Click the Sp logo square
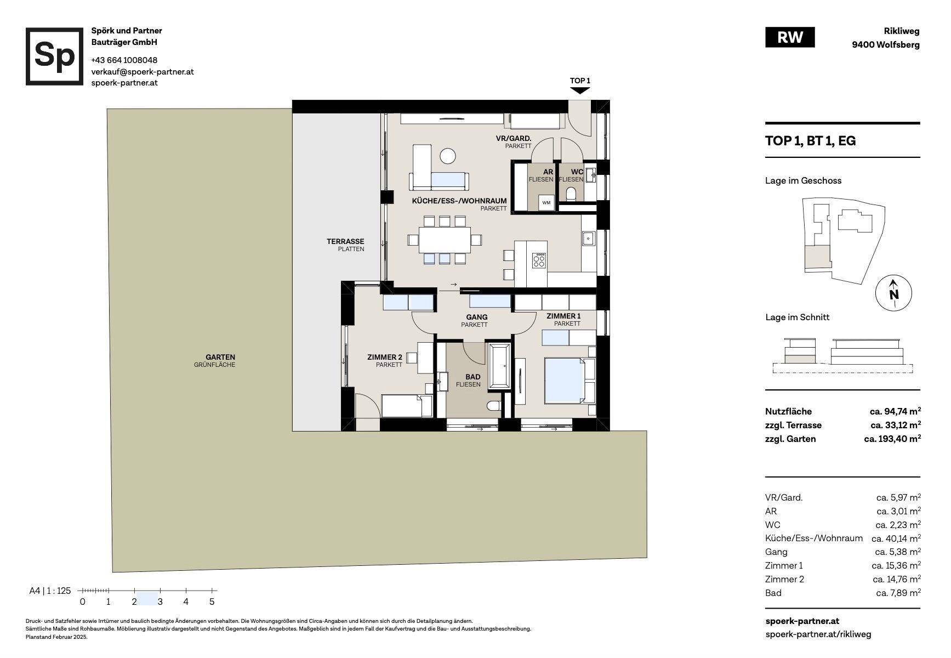point(54,56)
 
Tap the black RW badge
point(789,37)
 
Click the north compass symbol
point(893,293)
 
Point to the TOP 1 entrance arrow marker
point(580,90)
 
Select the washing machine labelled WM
point(546,202)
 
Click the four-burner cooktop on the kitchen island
point(539,260)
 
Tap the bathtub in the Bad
point(499,367)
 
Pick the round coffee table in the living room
point(448,156)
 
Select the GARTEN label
point(220,357)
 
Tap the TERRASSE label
point(345,241)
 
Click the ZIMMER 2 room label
point(385,358)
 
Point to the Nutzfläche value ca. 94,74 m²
point(895,411)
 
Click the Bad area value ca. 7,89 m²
point(898,593)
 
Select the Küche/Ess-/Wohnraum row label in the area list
point(814,538)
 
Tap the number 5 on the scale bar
point(212,602)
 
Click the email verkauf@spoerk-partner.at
point(143,72)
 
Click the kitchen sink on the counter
point(588,239)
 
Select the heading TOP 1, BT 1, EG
point(810,141)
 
